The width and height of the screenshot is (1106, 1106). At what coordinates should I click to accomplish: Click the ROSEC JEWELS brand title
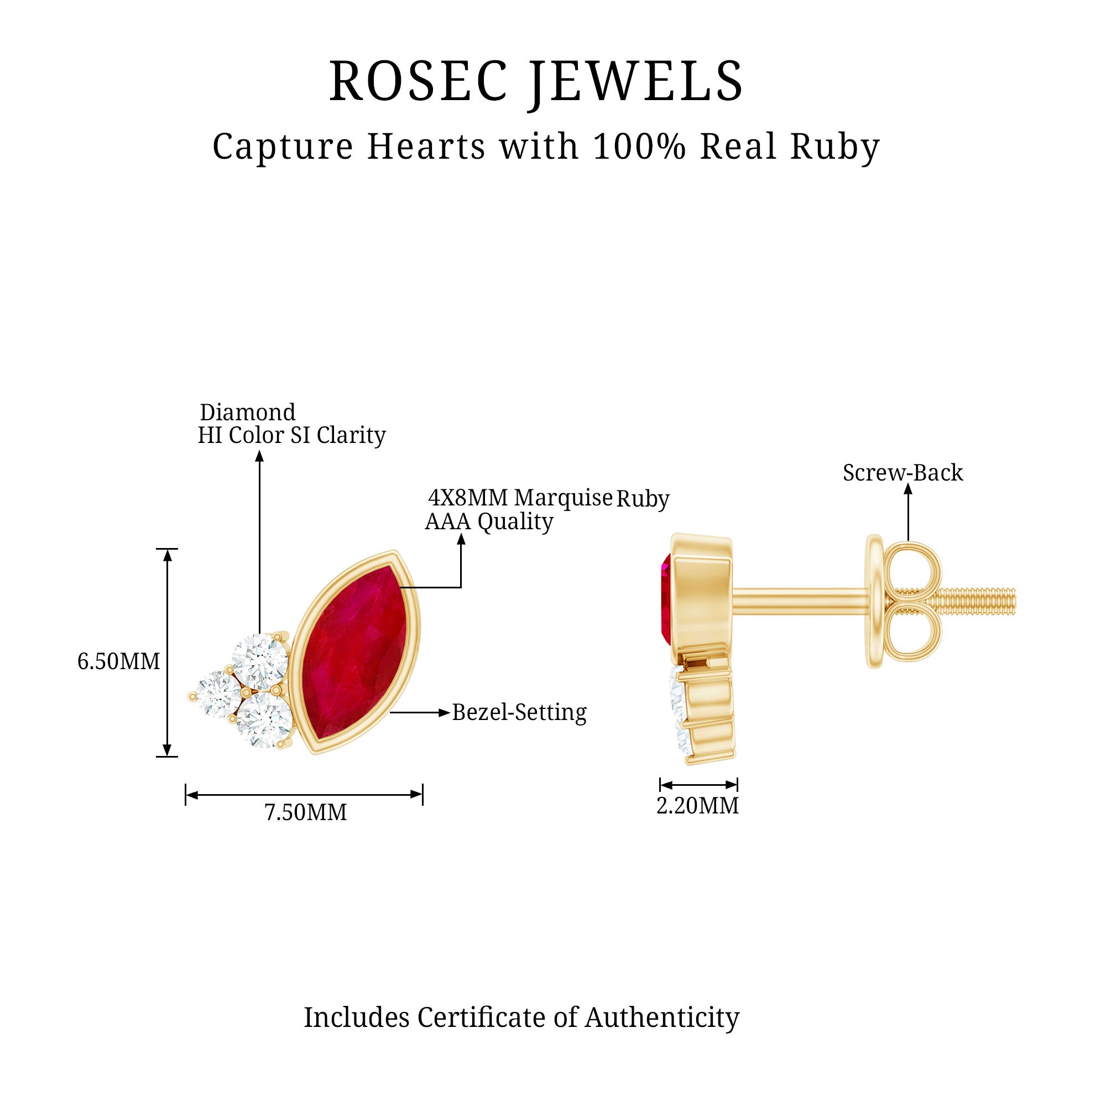[x=536, y=82]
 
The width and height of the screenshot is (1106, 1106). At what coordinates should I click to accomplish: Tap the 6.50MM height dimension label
[x=118, y=662]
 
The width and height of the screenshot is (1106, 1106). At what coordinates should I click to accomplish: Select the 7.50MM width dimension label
[x=306, y=812]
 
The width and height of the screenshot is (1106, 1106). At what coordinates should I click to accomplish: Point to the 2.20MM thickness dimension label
[x=697, y=806]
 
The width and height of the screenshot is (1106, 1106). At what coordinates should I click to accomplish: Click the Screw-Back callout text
[x=903, y=473]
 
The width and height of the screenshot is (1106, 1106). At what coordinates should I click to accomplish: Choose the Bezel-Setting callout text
[x=519, y=713]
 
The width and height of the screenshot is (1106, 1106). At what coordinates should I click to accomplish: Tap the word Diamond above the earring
[x=247, y=412]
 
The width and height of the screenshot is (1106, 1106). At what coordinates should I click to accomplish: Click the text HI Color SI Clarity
[x=291, y=435]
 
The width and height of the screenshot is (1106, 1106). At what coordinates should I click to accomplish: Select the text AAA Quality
[x=489, y=521]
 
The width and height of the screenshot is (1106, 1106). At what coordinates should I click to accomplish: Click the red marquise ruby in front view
[x=356, y=653]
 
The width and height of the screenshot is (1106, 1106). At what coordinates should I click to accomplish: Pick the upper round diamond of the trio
[x=260, y=661]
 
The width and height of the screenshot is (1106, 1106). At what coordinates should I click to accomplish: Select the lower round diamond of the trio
[x=264, y=719]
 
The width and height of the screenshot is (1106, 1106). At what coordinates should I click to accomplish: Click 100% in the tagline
[x=639, y=146]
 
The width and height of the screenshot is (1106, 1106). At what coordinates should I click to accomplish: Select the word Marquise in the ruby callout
[x=564, y=498]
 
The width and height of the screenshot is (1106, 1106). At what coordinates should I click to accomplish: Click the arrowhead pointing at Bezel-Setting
[x=444, y=713]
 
